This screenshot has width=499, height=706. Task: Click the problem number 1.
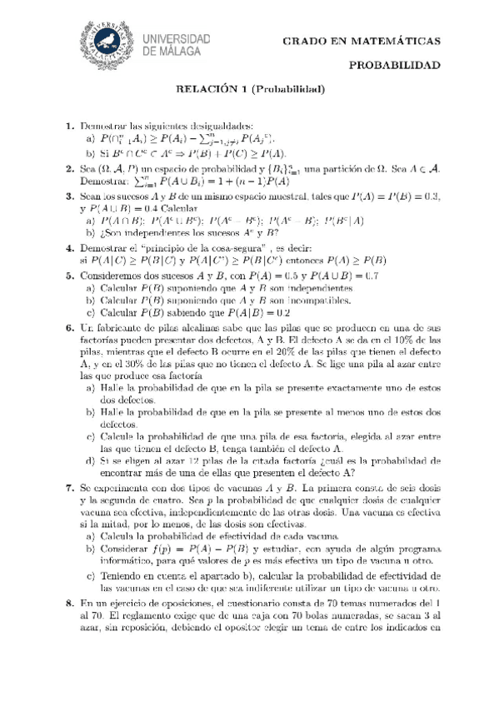tap(70, 125)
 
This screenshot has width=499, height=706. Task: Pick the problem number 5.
tap(70, 276)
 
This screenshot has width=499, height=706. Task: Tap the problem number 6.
tap(70, 328)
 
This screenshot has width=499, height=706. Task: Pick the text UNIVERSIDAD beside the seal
tap(179, 38)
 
